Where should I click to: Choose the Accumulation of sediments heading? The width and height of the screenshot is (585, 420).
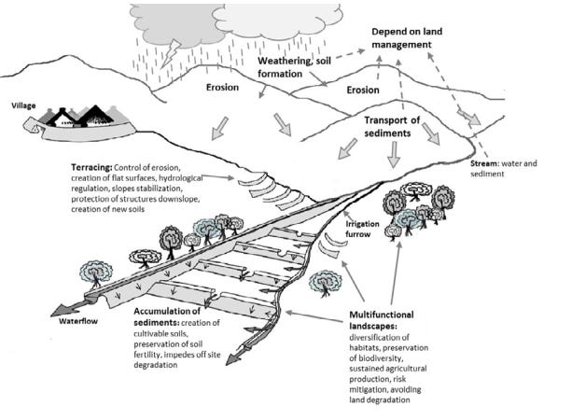tap(174, 315)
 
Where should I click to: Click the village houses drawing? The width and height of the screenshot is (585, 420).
tap(78, 117)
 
